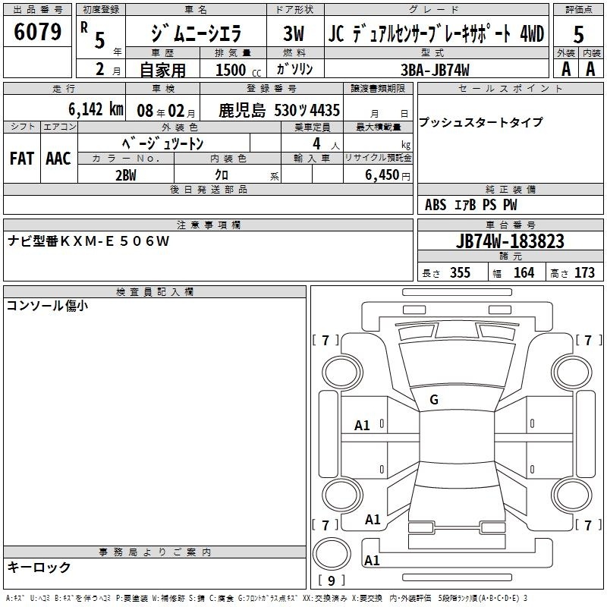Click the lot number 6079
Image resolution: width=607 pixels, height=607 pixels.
click(37, 32)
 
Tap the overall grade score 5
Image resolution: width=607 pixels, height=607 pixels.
click(578, 34)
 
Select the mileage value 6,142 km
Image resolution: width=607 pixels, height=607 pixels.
click(96, 109)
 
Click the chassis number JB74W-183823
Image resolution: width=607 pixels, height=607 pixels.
click(510, 241)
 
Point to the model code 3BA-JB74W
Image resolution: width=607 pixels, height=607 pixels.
click(435, 70)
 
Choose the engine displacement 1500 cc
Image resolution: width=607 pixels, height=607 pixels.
click(238, 70)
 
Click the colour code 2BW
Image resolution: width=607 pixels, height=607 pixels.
click(126, 175)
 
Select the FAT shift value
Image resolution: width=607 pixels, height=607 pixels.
click(22, 159)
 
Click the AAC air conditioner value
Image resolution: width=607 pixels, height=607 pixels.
click(58, 159)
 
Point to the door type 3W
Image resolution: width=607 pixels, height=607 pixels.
click(294, 33)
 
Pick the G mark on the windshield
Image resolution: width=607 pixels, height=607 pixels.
click(434, 399)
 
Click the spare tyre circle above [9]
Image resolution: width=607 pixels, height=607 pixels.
click(332, 553)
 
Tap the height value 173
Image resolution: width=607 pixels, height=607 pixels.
click(584, 272)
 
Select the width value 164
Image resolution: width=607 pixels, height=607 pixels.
click(524, 272)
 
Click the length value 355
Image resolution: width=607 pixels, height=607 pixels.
click(460, 272)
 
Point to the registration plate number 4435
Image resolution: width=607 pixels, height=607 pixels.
click(325, 110)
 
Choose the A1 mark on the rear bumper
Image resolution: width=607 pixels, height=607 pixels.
click(372, 560)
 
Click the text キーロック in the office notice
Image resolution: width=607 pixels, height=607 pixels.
click(39, 568)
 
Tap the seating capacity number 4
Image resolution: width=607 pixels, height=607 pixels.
click(316, 143)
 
